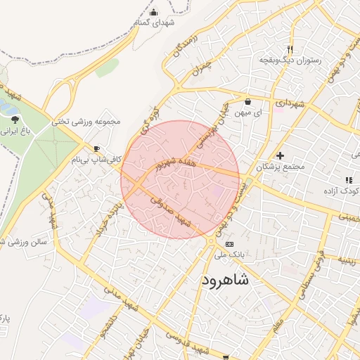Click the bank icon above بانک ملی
[x=229, y=243]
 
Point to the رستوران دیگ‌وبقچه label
[x=290, y=60]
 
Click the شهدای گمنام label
[x=154, y=22]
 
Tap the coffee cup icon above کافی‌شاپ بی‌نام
[x=97, y=148]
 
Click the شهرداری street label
[x=290, y=104]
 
